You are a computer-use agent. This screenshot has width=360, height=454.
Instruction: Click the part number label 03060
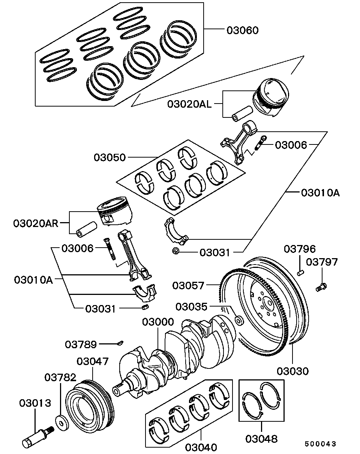click(243, 30)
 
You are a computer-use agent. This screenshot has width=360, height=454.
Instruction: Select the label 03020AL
click(189, 104)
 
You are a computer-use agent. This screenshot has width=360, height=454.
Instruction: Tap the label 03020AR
click(36, 224)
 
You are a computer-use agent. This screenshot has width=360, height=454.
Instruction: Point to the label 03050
click(110, 157)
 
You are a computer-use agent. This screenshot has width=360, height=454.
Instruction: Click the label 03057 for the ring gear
click(189, 286)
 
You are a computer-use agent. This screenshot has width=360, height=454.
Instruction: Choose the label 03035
click(191, 307)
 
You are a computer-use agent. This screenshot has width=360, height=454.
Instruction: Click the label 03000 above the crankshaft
click(158, 322)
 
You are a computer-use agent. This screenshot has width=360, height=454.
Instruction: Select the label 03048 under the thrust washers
click(262, 438)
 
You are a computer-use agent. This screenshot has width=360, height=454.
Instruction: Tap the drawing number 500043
click(320, 444)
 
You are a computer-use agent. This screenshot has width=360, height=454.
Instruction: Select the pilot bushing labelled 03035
click(238, 321)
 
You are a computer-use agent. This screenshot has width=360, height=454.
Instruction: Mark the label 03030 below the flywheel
click(293, 371)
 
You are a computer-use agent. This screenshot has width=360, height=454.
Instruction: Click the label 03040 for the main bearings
click(201, 447)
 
